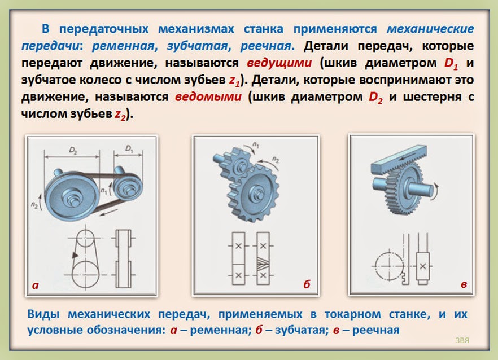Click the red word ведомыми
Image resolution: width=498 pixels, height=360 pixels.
(208, 96)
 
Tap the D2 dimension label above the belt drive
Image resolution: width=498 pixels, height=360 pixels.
(73, 150)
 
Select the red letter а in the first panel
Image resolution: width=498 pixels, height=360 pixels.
(36, 285)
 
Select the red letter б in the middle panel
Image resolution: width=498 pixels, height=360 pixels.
(307, 285)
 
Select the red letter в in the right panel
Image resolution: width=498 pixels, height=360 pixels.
(464, 285)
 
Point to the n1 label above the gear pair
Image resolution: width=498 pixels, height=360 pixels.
(256, 146)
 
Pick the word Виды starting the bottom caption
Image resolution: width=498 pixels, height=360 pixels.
(43, 313)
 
